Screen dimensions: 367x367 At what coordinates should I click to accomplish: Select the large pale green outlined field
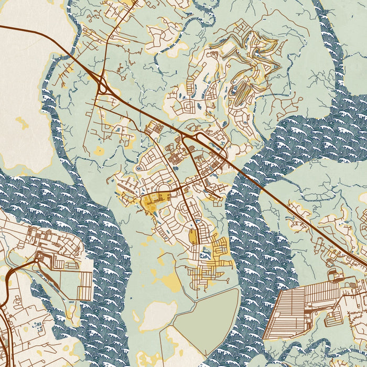[207, 320]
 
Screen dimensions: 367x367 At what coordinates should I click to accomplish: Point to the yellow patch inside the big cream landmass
[21, 124]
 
